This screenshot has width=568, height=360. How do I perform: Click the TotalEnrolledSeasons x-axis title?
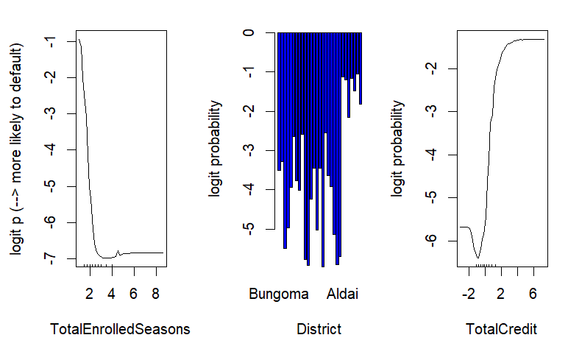tap(119, 330)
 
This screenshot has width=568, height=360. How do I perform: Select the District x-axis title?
tap(319, 330)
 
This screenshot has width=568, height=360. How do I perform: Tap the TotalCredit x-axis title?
tap(501, 330)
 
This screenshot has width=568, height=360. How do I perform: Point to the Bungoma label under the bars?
tap(278, 294)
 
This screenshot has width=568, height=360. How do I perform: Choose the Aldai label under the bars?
tap(342, 294)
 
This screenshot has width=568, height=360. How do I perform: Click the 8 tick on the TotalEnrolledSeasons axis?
tap(155, 294)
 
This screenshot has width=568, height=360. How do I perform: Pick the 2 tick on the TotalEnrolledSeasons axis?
tap(89, 294)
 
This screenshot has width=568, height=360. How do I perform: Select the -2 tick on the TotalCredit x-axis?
tap(468, 294)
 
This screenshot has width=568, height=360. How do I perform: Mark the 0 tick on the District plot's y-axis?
tap(249, 32)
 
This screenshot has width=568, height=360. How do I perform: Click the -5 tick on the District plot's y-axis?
tap(249, 228)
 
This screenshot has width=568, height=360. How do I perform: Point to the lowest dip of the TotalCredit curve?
tap(478, 258)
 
